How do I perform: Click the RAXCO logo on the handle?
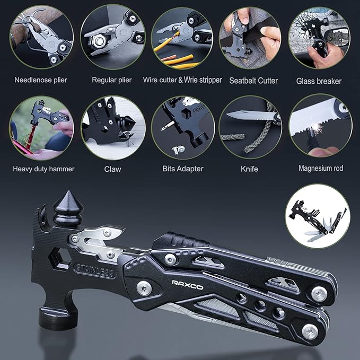coord(187,285)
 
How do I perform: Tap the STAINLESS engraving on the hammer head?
coord(95,271)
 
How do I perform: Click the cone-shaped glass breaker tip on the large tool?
coord(68,208)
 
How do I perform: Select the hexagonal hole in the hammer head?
coord(60,259)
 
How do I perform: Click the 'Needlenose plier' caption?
coord(41,80)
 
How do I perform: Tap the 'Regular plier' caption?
coord(111,80)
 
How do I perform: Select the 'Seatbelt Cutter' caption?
coord(253,81)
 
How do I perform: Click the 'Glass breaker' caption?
coord(319,81)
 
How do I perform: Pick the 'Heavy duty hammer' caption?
coord(43,169)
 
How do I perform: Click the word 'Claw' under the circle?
coord(112,169)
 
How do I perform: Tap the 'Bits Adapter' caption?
coord(183,169)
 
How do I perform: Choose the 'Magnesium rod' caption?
coord(321,168)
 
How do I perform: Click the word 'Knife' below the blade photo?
coord(249,169)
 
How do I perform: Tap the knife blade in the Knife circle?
coord(251,115)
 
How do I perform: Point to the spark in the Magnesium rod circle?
coord(318,127)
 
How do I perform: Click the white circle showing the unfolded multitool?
coord(318,216)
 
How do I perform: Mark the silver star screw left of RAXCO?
coord(144,288)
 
